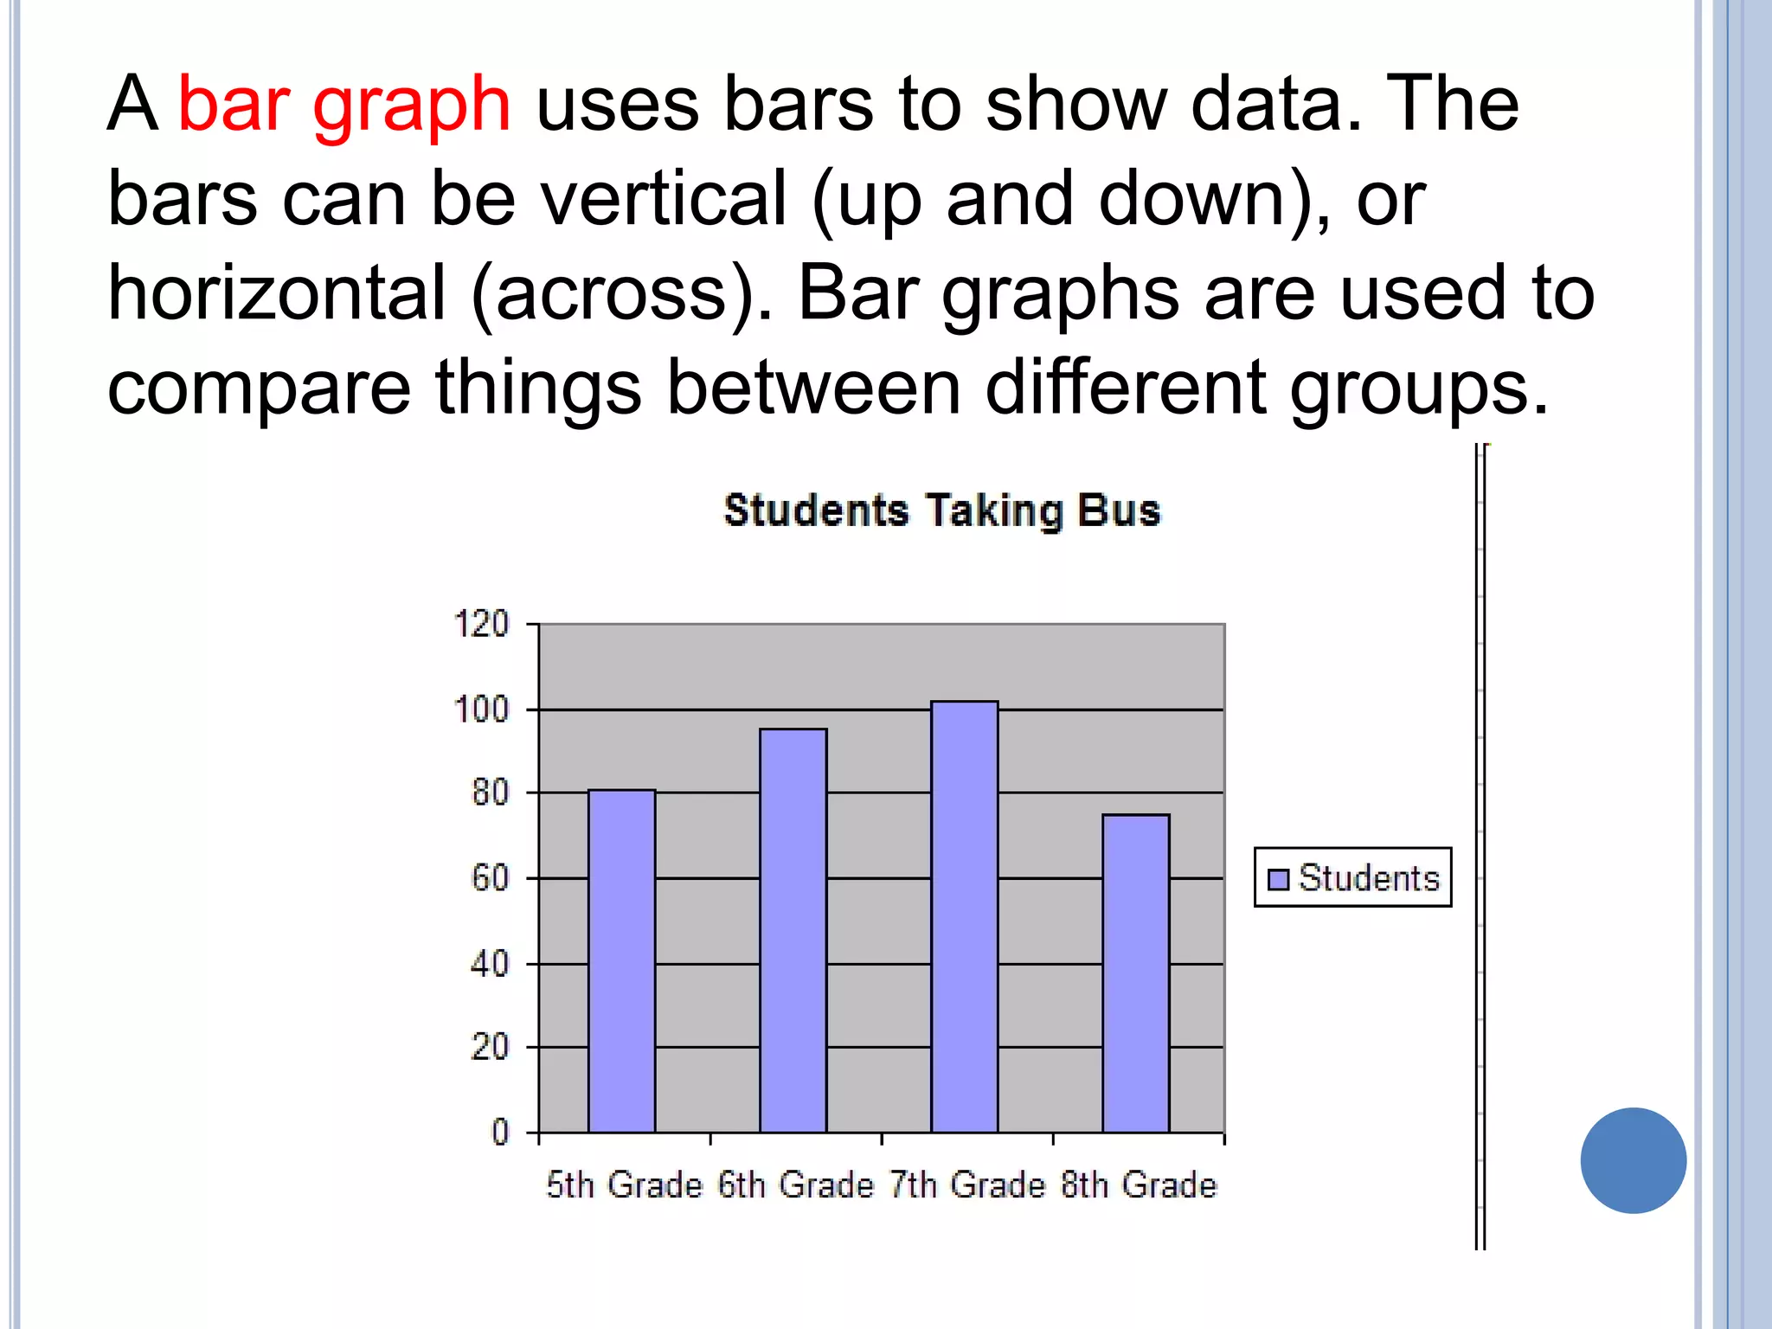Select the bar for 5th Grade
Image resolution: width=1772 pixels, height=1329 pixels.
pos(621,960)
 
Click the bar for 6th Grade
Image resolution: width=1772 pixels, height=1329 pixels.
pos(793,930)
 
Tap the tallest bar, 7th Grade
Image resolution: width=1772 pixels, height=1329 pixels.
pos(964,916)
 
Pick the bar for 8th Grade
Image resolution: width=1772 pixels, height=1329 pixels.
pos(1135,973)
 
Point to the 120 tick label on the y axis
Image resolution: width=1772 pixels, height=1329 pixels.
pos(481,624)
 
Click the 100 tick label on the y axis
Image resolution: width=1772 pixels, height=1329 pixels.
pos(481,710)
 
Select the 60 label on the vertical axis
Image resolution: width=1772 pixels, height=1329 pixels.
pos(490,878)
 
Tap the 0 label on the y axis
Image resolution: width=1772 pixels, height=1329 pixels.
pos(500,1132)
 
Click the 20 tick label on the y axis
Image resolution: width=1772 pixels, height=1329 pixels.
pos(490,1048)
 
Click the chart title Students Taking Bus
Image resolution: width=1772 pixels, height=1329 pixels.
pos(941,510)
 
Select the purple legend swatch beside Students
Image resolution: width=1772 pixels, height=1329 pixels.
pos(1278,879)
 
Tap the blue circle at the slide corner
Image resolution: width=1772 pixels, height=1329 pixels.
pos(1633,1160)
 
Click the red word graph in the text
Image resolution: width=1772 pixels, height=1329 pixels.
pos(411,106)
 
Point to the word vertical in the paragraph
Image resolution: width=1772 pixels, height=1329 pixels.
pos(664,199)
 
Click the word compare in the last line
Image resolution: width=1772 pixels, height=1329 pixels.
pos(259,388)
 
